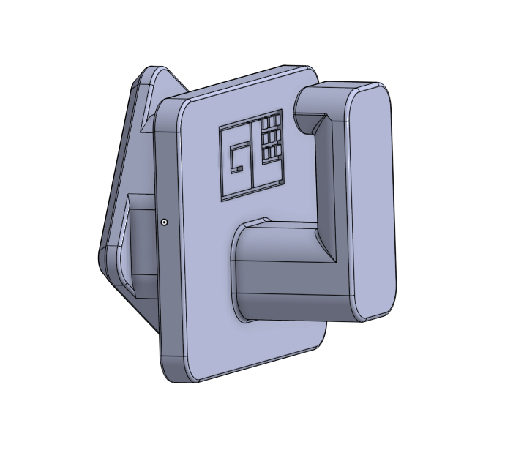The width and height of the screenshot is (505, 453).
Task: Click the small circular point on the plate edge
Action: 164,221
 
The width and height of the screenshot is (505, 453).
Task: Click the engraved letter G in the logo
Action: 237,157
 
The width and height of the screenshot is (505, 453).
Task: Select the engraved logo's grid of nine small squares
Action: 272,135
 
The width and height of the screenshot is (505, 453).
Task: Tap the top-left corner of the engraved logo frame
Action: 221,128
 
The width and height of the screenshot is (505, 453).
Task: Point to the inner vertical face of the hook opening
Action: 329,190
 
